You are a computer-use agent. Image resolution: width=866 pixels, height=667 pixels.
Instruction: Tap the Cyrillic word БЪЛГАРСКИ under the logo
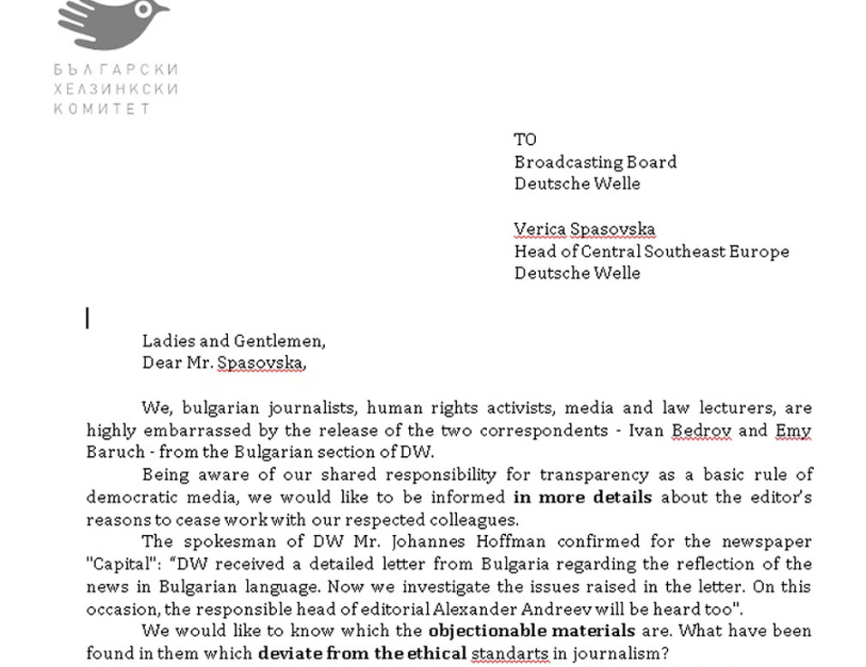click(x=116, y=69)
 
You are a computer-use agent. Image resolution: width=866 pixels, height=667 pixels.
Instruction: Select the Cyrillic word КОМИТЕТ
click(x=102, y=108)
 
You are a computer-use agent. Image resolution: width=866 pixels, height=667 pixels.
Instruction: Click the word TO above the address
click(x=525, y=140)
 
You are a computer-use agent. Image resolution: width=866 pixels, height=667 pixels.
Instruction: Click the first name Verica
click(x=539, y=229)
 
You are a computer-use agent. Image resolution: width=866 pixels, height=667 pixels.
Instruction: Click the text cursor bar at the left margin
click(x=87, y=319)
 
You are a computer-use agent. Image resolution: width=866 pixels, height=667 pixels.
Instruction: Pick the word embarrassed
click(x=183, y=430)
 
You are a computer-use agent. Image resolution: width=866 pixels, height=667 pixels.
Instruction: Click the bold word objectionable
click(x=484, y=631)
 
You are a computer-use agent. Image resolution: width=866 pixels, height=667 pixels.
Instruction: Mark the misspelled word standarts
click(x=512, y=653)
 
